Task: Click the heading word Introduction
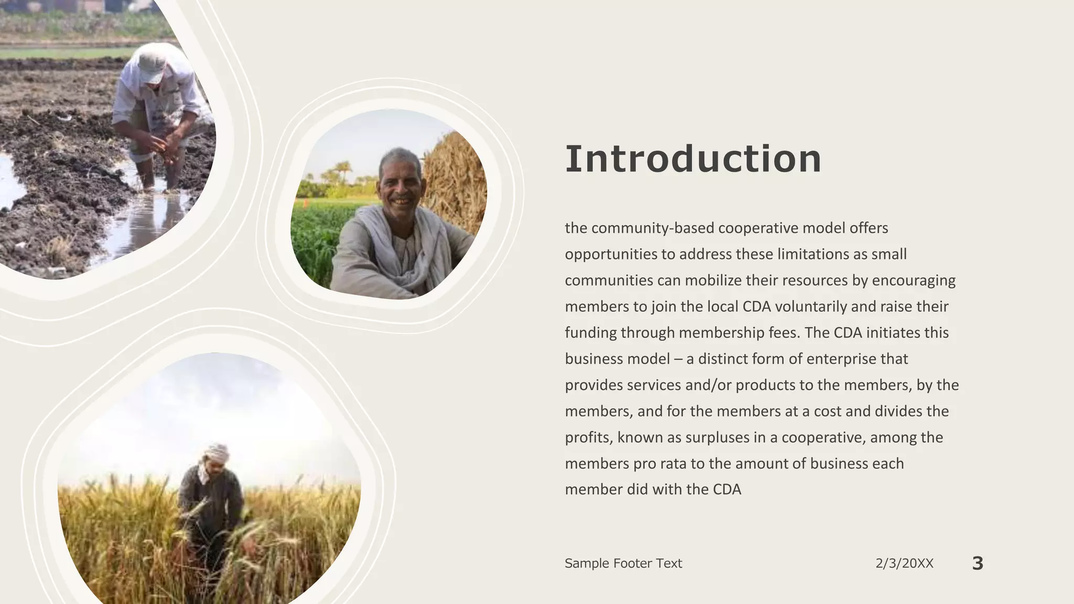(x=693, y=159)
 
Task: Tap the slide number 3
(x=978, y=563)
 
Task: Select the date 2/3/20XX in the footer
(x=904, y=564)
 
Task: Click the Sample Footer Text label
(x=623, y=564)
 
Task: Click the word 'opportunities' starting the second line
(x=610, y=255)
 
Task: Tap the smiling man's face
(x=400, y=181)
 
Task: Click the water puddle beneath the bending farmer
(x=152, y=215)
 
